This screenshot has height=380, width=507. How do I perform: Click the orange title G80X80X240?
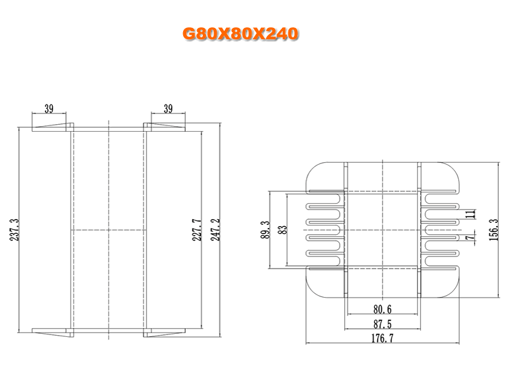click(240, 34)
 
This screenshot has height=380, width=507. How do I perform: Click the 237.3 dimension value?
click(15, 230)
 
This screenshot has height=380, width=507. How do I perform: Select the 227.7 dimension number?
click(197, 230)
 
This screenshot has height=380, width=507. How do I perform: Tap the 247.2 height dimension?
click(215, 230)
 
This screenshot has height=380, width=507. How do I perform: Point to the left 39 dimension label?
click(49, 109)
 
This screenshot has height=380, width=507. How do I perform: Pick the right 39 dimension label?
click(168, 109)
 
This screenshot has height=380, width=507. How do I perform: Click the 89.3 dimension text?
click(265, 230)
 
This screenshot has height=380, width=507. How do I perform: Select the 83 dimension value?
click(283, 230)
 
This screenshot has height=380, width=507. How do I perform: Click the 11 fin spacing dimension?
click(472, 214)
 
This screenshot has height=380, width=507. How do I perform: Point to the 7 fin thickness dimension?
click(472, 237)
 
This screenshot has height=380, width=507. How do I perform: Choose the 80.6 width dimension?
click(383, 310)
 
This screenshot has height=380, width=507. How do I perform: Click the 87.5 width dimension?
click(383, 324)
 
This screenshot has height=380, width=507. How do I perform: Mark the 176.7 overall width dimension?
click(383, 338)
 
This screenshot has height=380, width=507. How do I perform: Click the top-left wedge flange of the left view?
click(53, 127)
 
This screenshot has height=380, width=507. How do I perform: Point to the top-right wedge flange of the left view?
click(165, 127)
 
